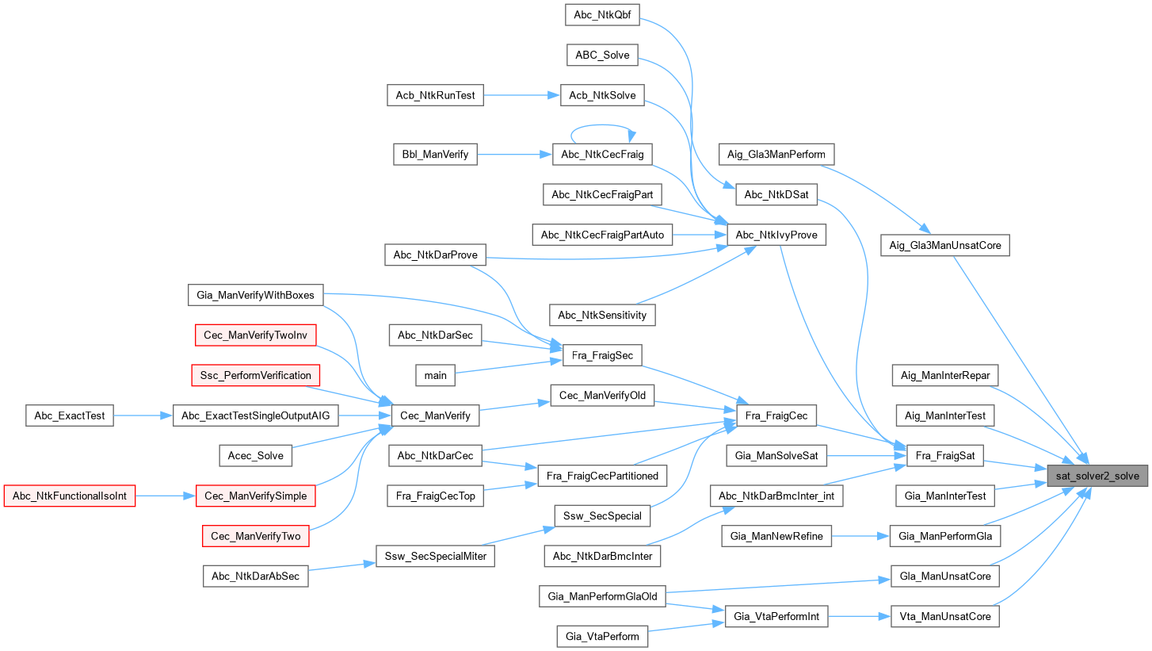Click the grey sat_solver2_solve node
click(1097, 476)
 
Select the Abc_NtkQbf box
click(602, 13)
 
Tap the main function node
click(436, 375)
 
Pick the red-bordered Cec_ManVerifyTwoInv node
click(255, 335)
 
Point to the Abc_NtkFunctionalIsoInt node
click(70, 496)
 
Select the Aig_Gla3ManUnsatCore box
click(945, 246)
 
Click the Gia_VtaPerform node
click(602, 636)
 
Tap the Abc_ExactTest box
click(70, 415)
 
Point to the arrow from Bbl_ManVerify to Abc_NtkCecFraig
click(514, 155)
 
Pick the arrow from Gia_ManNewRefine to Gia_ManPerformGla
click(860, 537)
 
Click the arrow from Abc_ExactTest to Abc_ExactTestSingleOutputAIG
click(143, 415)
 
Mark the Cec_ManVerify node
click(435, 415)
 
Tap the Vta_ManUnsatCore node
click(945, 616)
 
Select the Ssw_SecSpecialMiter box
click(435, 557)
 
